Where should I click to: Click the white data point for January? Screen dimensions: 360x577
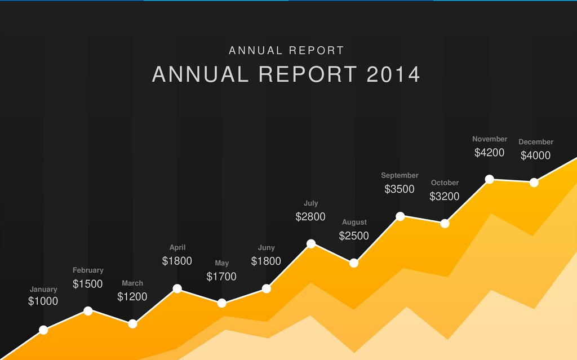point(43,330)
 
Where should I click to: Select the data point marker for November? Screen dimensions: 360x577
point(490,179)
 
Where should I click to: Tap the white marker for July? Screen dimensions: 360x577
point(311,244)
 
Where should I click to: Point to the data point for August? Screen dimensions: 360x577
point(354,263)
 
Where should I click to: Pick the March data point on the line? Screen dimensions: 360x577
point(132,324)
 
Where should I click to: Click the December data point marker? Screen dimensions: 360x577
point(534,183)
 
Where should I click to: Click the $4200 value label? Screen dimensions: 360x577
point(489,153)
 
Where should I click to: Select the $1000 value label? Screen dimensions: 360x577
point(43,301)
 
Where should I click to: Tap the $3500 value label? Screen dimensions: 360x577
point(399,189)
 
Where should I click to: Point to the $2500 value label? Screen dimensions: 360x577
point(354,236)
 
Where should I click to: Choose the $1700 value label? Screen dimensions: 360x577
point(221,277)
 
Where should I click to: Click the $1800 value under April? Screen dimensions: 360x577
point(177,261)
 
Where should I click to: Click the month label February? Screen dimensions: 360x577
point(88,270)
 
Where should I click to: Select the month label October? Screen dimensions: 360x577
point(445,183)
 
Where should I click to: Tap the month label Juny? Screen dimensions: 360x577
point(266,248)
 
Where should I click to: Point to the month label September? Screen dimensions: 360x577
point(400,176)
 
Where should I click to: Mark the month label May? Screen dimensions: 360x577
point(221,263)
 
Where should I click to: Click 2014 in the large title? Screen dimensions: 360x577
point(393,74)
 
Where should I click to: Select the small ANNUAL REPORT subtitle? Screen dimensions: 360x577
point(286,51)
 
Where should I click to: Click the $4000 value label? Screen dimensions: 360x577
point(535,155)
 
